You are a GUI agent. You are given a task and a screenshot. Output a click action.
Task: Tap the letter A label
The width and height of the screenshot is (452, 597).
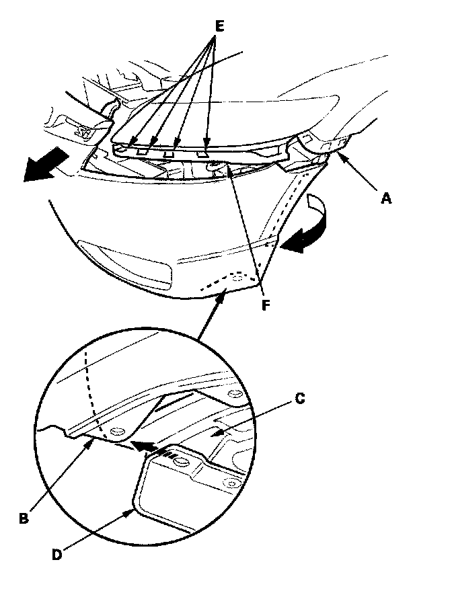[387, 199]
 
